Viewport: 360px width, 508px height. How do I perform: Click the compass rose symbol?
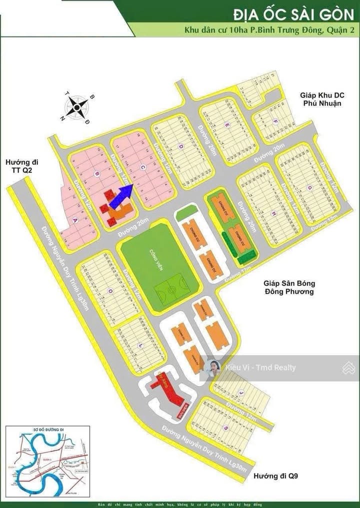(x=76, y=106)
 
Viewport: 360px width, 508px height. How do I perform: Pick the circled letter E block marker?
(x=227, y=123)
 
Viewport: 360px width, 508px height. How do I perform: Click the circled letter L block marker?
(x=139, y=346)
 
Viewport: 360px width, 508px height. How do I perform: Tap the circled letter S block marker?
(x=226, y=427)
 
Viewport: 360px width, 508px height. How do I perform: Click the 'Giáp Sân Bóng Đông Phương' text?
(x=288, y=287)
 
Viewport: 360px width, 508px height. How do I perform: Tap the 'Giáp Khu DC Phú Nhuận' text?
(x=320, y=98)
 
